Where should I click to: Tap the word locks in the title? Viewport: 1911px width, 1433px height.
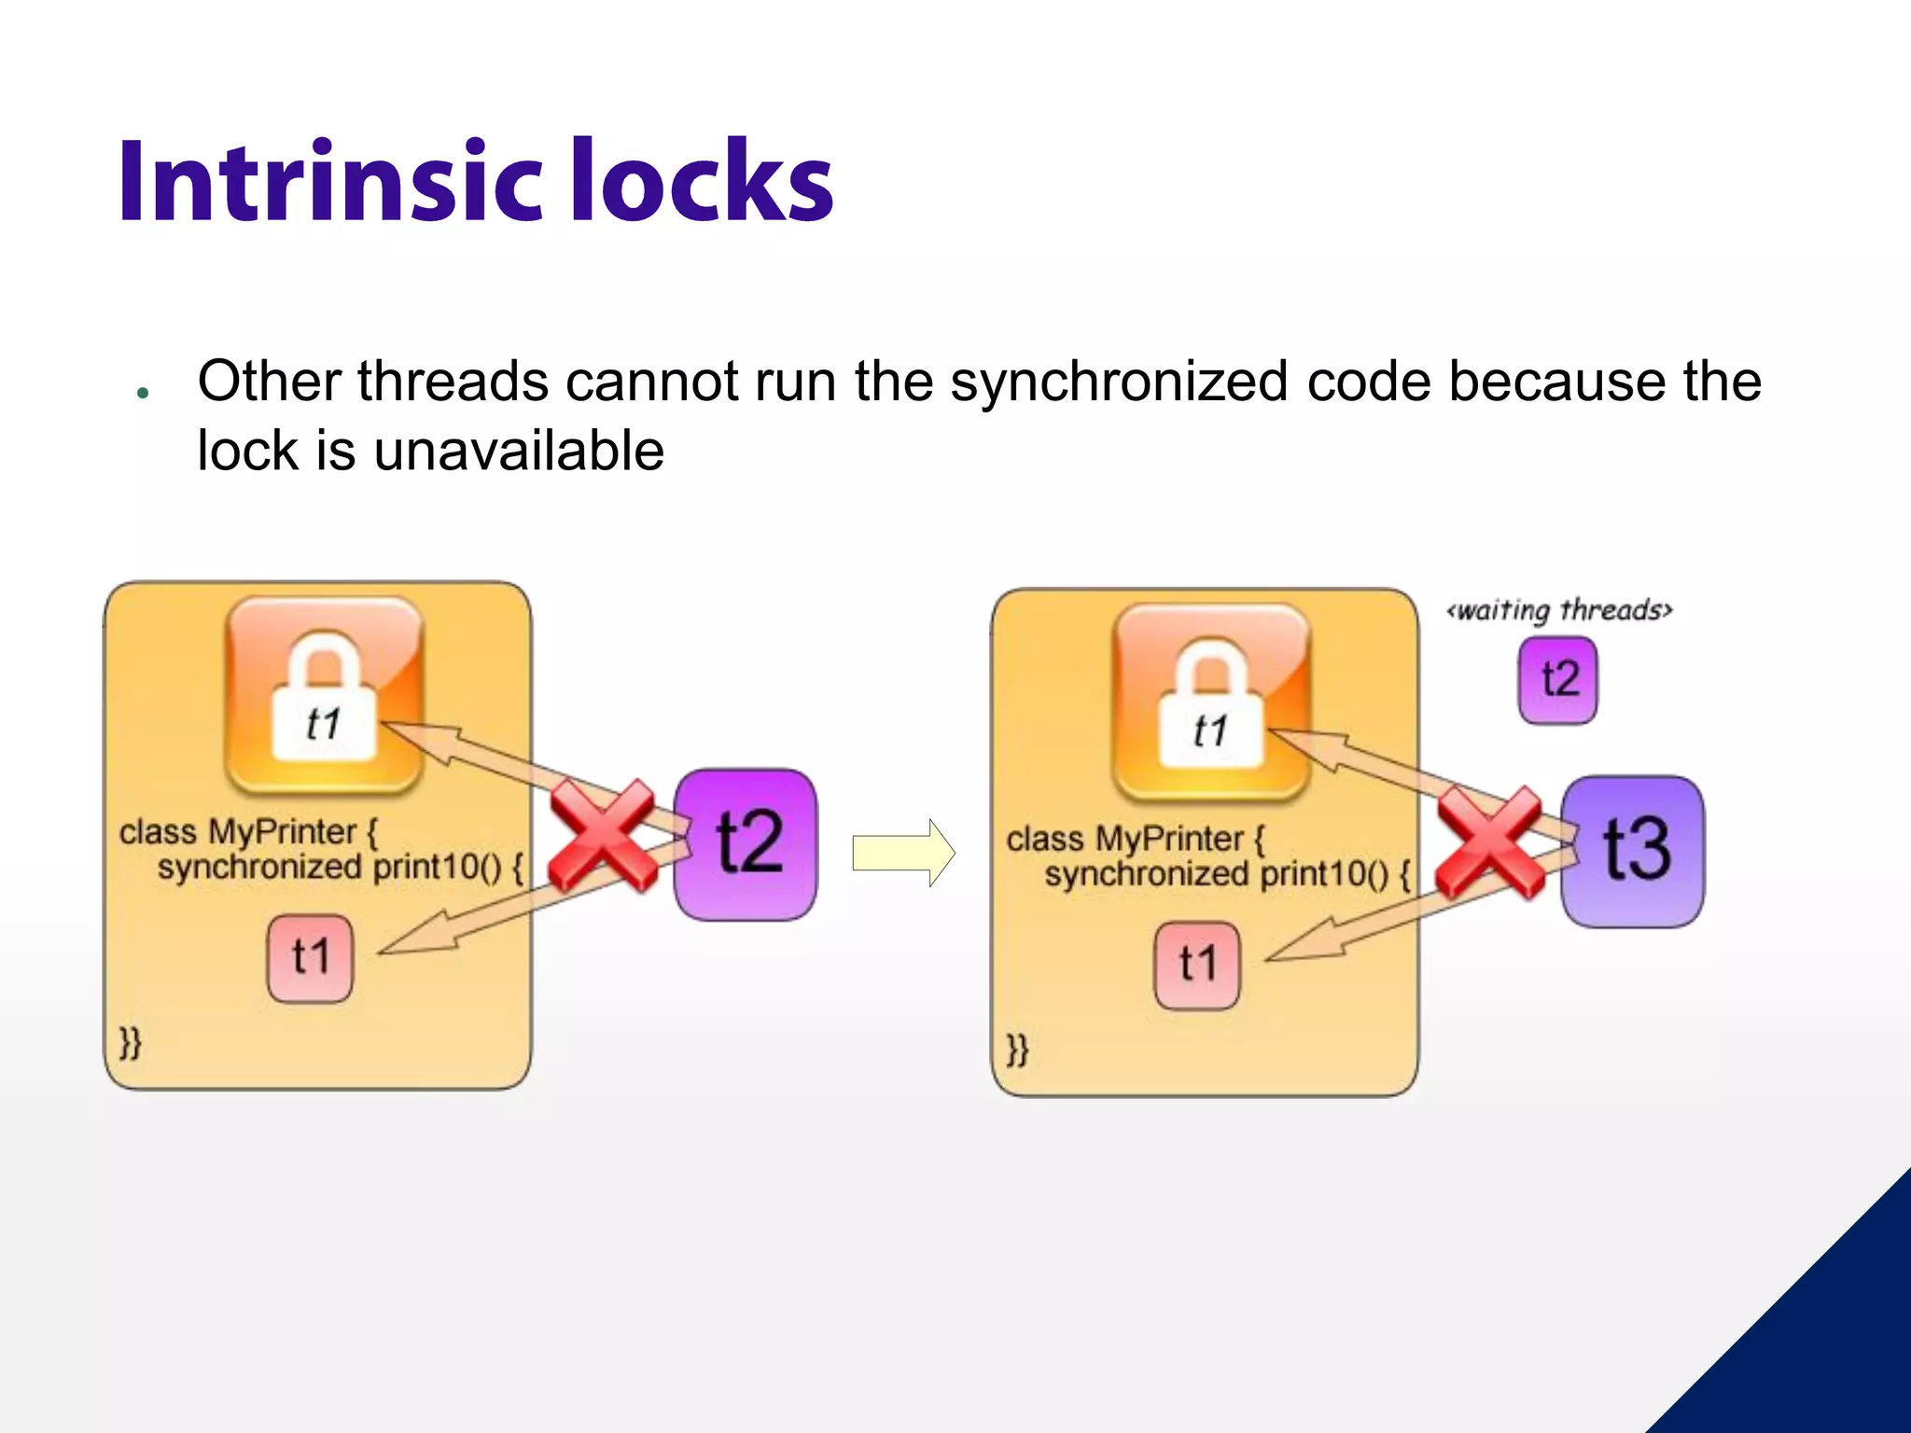[702, 182]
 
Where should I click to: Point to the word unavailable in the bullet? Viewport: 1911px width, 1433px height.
[519, 452]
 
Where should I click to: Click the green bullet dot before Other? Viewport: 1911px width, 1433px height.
[143, 393]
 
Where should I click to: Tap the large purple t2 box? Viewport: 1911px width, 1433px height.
[745, 844]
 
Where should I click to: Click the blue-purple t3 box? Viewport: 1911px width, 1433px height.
[1633, 851]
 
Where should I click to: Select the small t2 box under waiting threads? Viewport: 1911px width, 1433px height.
[1557, 680]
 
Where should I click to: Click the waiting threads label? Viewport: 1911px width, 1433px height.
[1559, 610]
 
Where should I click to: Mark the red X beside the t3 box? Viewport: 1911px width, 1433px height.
[1489, 842]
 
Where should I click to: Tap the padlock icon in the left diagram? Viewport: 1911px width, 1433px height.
[324, 696]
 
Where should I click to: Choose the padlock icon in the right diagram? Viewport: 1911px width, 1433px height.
[1211, 703]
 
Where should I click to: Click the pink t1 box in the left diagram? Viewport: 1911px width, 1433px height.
[310, 958]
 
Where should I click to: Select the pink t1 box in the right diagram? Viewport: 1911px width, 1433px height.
[1197, 966]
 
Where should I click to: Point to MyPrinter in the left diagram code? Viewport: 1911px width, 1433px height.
[282, 831]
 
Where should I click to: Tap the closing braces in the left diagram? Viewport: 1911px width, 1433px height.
[130, 1042]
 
